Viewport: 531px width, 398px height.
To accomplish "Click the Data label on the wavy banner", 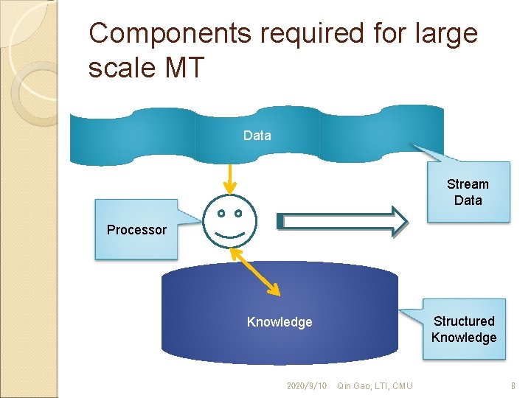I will pos(257,136).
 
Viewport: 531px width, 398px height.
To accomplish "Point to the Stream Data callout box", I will pos(468,192).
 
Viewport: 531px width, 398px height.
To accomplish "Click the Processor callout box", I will pos(136,229).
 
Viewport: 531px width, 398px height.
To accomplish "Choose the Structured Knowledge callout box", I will pos(464,329).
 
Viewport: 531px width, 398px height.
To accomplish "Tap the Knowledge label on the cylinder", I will pos(280,322).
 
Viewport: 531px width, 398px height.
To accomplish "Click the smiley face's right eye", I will pos(238,214).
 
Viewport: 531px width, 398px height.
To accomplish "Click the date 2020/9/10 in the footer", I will pos(307,385).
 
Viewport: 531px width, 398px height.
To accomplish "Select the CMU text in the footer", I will pos(403,385).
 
